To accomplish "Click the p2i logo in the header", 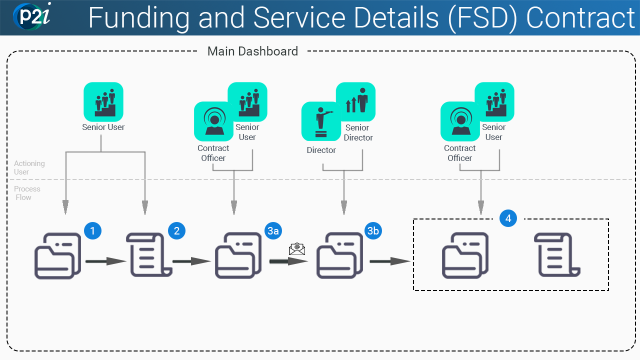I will coord(31,16).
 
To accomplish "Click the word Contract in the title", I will coord(580,18).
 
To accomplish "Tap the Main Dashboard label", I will coord(252,51).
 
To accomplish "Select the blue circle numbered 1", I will coord(92,230).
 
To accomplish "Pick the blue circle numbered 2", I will coord(176,230).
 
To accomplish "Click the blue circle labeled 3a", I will coord(273,230).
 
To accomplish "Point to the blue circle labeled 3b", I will coord(373,230).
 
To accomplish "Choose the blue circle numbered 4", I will coord(508,218).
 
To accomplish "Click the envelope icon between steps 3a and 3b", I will coord(297,248).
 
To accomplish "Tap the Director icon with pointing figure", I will coord(321,121).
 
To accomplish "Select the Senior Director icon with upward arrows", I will coord(355,102).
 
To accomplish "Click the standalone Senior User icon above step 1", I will coord(103,102).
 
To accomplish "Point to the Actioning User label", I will coord(29,167).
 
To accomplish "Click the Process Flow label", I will coord(27,193).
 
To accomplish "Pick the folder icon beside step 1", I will coord(57,255).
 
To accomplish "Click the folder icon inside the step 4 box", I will coord(465,255).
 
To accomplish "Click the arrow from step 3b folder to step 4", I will coord(390,261).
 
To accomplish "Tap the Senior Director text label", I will coord(357,132).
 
